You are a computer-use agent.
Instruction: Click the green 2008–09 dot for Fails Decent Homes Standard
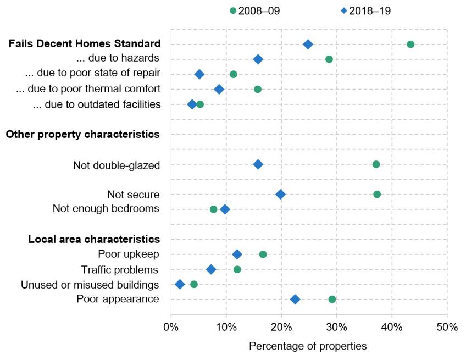tap(410, 44)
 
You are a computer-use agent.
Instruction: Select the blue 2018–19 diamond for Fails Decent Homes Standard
tap(308, 44)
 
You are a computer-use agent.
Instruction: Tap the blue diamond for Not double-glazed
tap(258, 164)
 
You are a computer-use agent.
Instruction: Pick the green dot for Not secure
tap(377, 194)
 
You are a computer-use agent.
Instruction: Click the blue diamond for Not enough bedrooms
tap(225, 209)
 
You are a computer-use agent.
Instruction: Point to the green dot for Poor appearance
tap(332, 299)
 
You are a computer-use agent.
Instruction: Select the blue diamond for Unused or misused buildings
tap(180, 284)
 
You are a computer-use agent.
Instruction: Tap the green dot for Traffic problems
tap(237, 269)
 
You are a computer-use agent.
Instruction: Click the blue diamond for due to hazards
tap(258, 59)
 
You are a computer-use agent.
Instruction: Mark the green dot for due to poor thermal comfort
tap(258, 89)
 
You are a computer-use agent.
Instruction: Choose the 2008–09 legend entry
tap(255, 10)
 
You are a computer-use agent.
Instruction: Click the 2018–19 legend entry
tap(362, 10)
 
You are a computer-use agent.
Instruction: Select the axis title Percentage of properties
tap(308, 347)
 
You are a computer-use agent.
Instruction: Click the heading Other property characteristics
tap(83, 134)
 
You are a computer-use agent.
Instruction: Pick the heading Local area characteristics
tap(94, 239)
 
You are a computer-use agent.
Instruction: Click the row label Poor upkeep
tap(129, 254)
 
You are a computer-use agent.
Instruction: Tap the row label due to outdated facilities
tap(97, 104)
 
